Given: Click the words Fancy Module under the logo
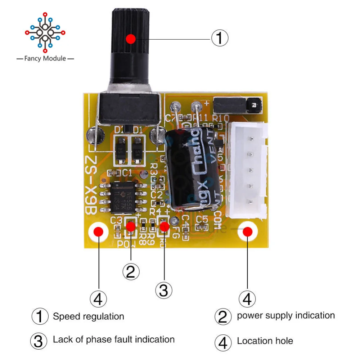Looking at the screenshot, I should click(x=45, y=58).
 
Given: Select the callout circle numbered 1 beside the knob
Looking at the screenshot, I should click(x=219, y=38).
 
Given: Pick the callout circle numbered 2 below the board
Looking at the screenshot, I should click(x=131, y=271).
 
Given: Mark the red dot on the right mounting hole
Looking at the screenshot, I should click(x=247, y=232).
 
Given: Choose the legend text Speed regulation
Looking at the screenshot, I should click(x=88, y=317).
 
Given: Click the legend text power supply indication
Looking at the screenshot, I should click(x=285, y=316).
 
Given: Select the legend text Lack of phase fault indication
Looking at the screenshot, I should click(x=113, y=339).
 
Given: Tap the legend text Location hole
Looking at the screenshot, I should click(x=265, y=341).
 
